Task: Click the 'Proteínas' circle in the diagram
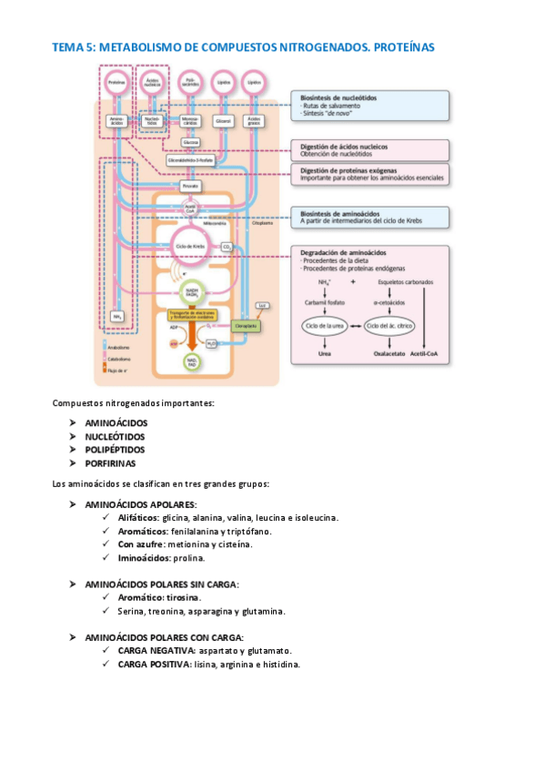tap(116, 82)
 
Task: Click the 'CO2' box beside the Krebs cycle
tap(227, 247)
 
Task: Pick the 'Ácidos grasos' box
tap(255, 120)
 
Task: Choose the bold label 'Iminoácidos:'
tap(145, 557)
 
